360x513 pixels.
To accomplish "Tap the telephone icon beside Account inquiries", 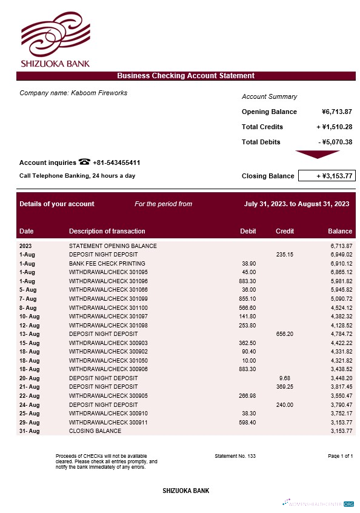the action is pyautogui.click(x=84, y=162).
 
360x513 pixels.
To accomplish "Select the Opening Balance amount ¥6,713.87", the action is pyautogui.click(x=337, y=112).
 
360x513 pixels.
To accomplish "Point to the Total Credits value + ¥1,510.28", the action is pyautogui.click(x=335, y=127).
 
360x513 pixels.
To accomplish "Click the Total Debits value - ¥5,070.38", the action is pyautogui.click(x=335, y=142).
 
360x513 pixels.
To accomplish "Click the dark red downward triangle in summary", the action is pyautogui.click(x=316, y=154).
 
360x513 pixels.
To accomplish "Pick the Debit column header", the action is pyautogui.click(x=248, y=231).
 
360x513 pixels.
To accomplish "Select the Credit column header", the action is pyautogui.click(x=285, y=231).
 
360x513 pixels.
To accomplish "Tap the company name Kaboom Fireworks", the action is pyautogui.click(x=99, y=93).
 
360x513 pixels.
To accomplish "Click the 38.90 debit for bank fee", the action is pyautogui.click(x=248, y=264).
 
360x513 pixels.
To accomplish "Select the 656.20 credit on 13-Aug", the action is pyautogui.click(x=284, y=334).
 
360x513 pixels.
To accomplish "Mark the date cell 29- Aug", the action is pyautogui.click(x=29, y=422).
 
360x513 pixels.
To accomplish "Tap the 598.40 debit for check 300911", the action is pyautogui.click(x=247, y=422).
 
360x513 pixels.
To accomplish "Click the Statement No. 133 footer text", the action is pyautogui.click(x=235, y=455).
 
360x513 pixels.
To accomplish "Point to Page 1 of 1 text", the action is pyautogui.click(x=340, y=455).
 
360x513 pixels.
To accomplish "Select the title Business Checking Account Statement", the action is pyautogui.click(x=185, y=76).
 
